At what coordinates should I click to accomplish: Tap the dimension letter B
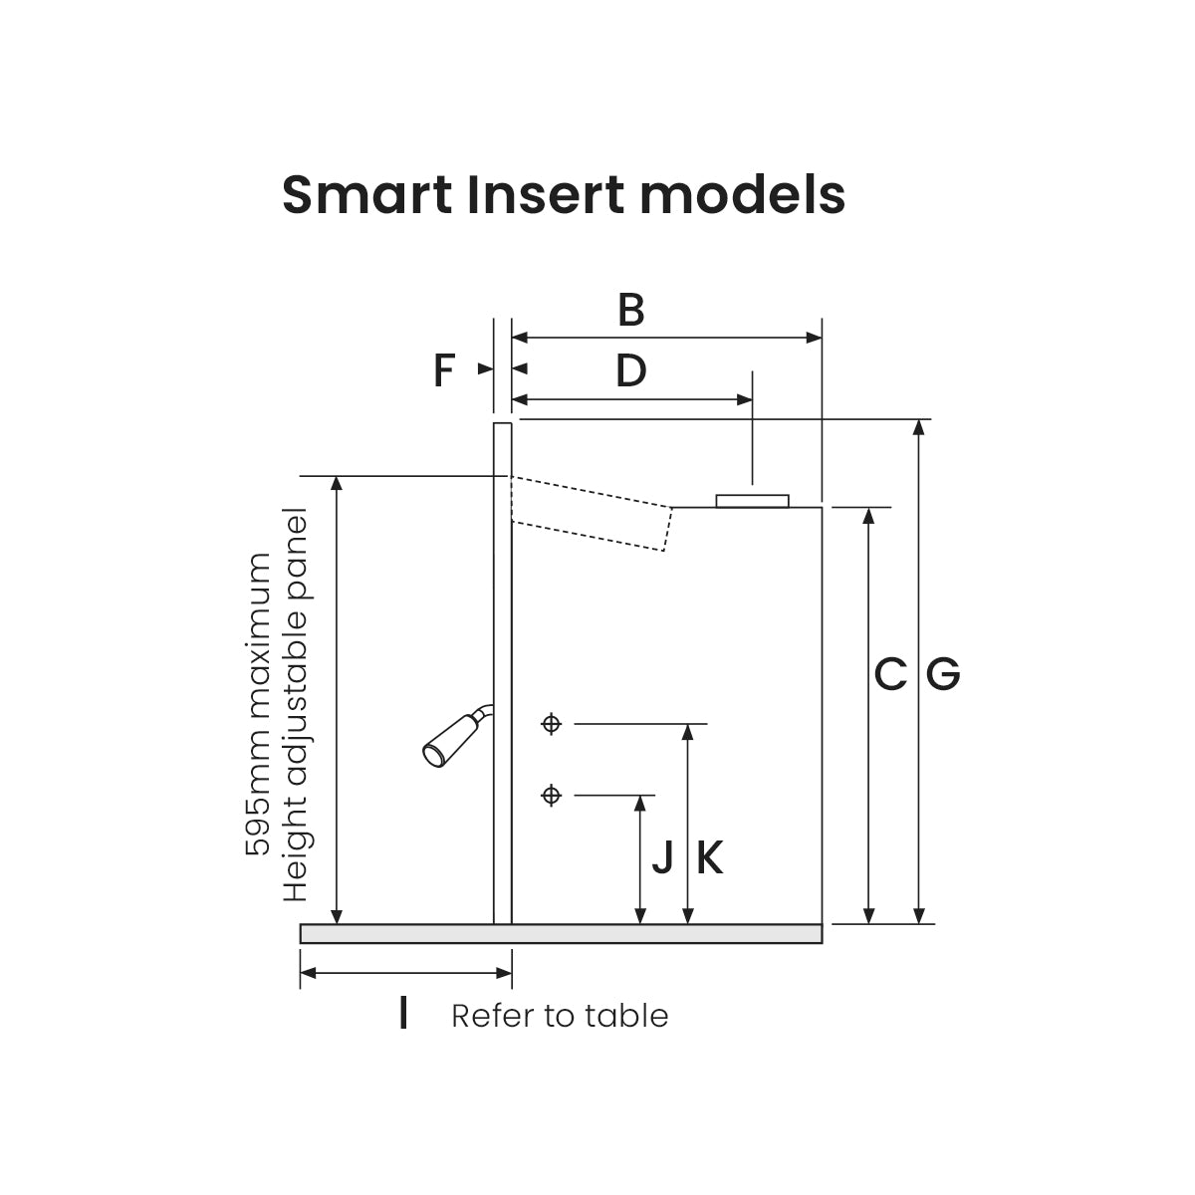(x=630, y=311)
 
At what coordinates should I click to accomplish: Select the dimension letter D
(x=630, y=371)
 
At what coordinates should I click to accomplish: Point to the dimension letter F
(x=444, y=371)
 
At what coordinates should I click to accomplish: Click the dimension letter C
(x=890, y=675)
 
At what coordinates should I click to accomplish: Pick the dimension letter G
(x=943, y=675)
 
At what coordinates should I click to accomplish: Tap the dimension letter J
(x=662, y=857)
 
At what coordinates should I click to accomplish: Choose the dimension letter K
(x=709, y=857)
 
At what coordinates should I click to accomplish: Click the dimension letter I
(x=402, y=1014)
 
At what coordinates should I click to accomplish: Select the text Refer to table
(x=560, y=1016)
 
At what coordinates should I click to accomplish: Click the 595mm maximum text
(x=258, y=704)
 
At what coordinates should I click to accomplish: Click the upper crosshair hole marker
(x=552, y=724)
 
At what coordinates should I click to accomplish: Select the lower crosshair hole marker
(x=552, y=795)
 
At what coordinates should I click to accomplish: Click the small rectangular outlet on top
(x=752, y=500)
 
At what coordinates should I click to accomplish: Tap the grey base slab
(x=561, y=933)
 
